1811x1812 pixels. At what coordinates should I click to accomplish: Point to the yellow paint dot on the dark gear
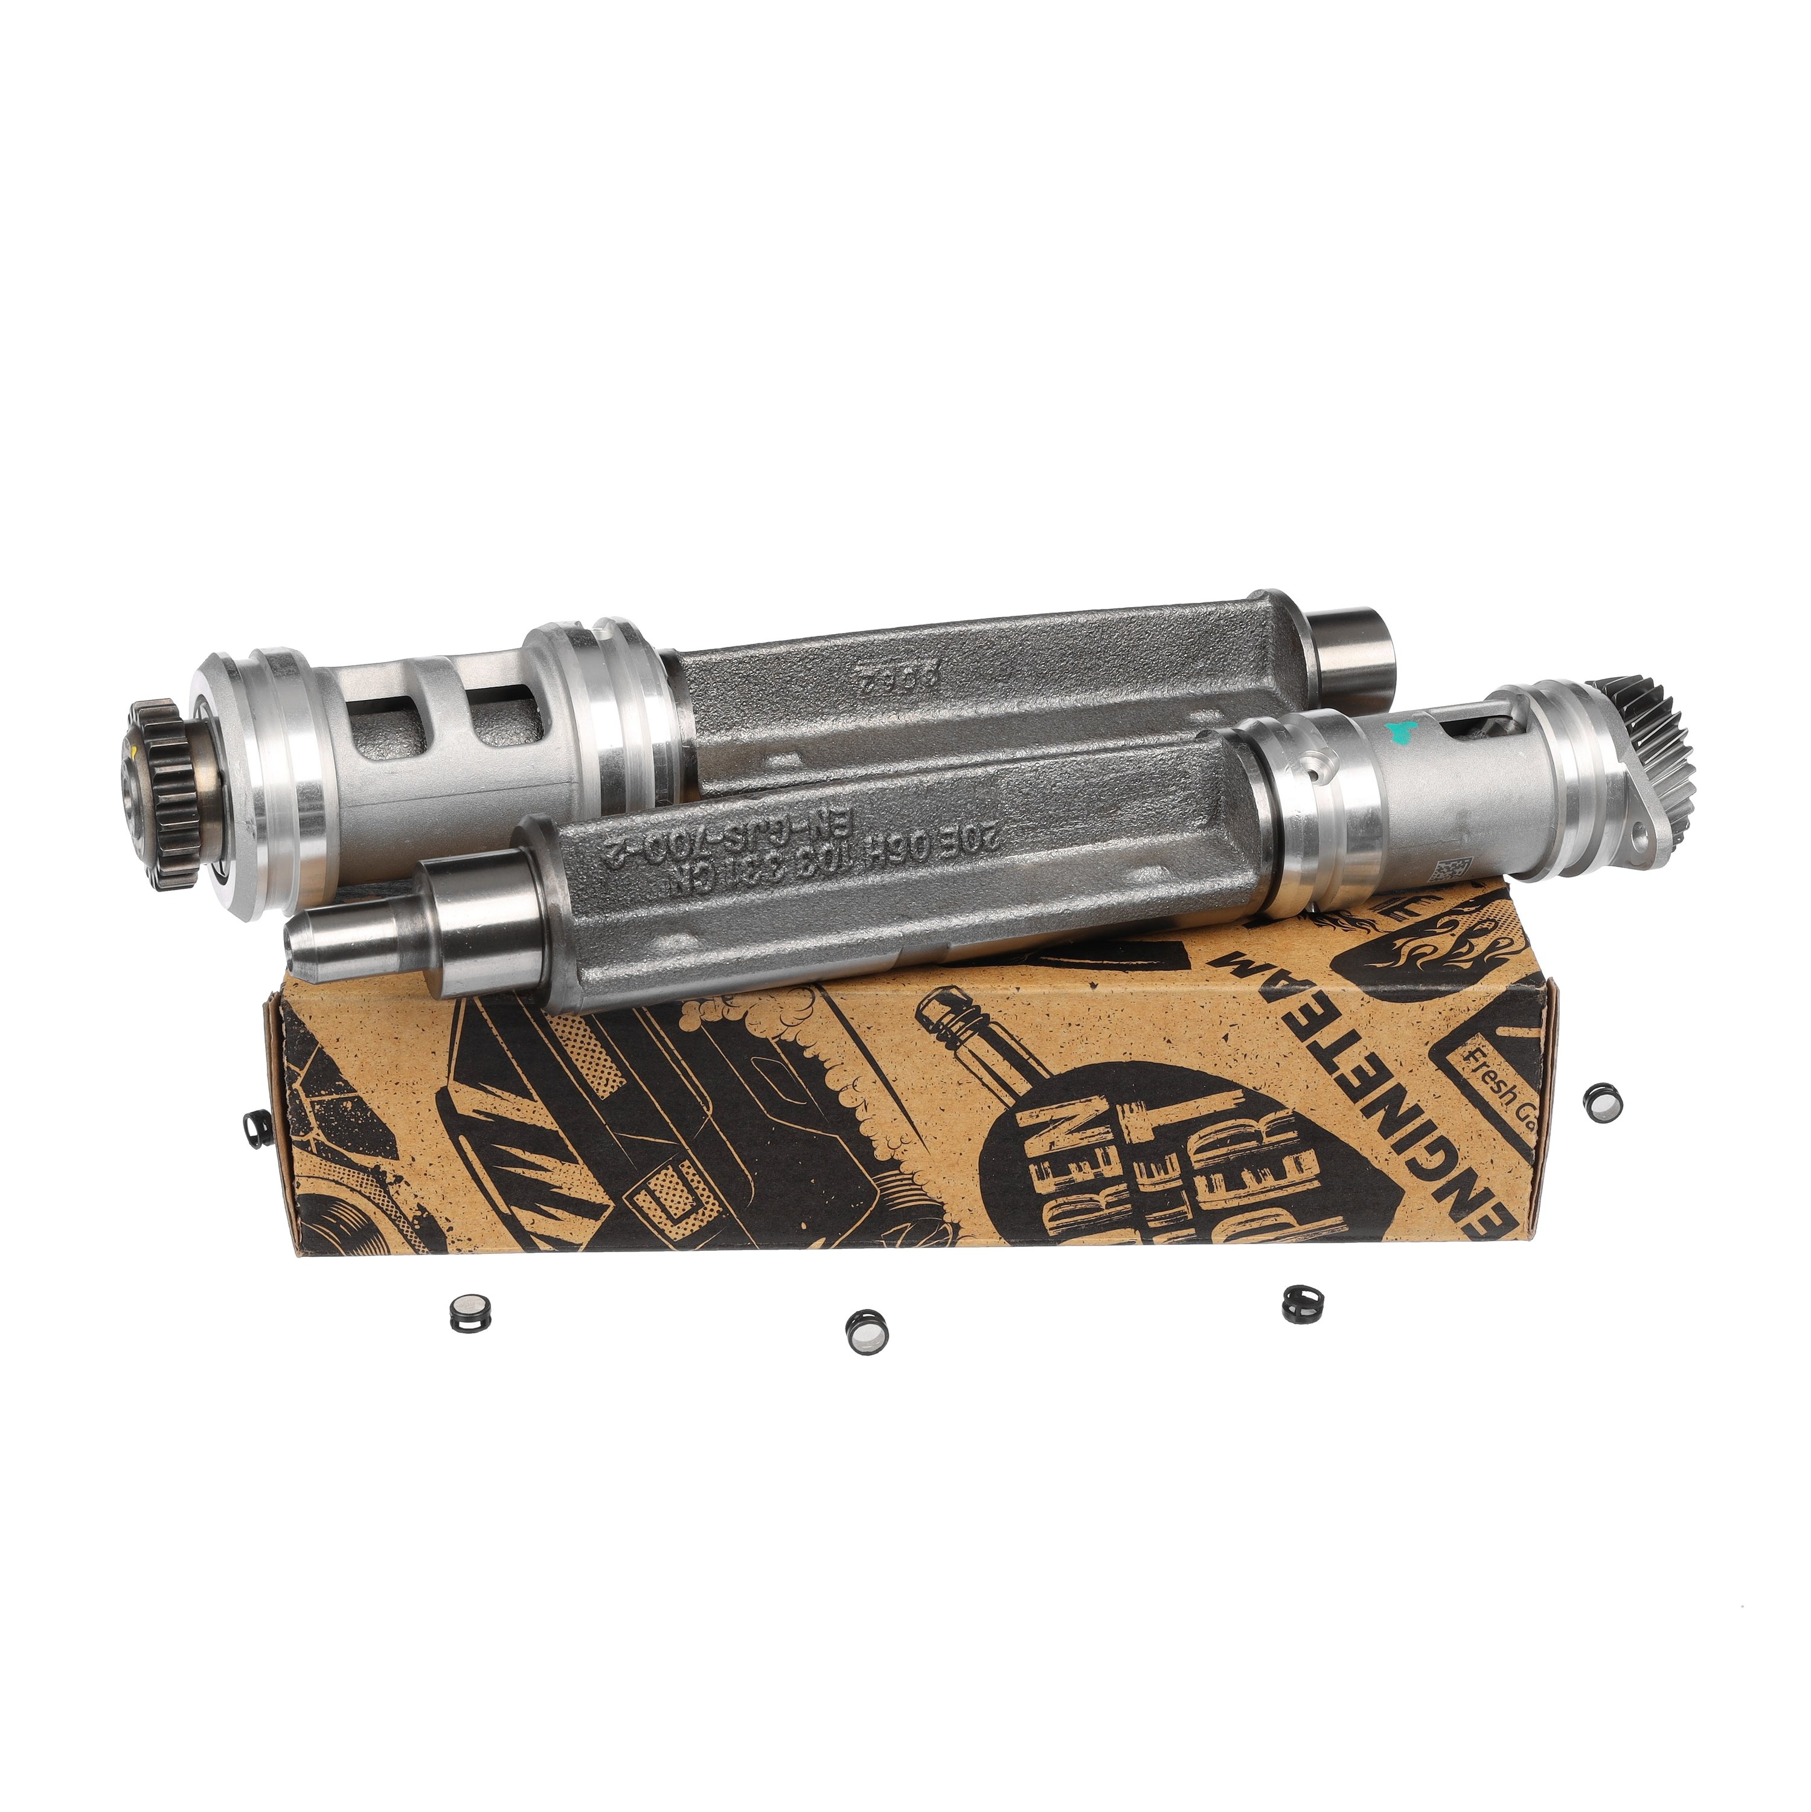(x=137, y=750)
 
